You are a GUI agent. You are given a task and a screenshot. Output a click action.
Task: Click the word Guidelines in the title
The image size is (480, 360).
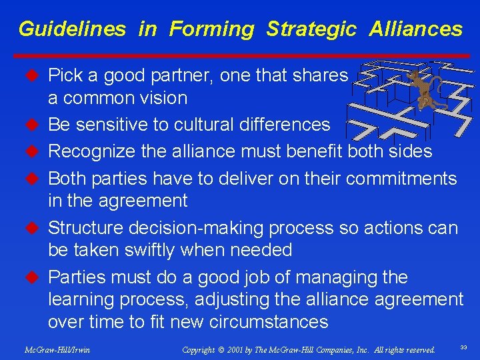[x=72, y=29]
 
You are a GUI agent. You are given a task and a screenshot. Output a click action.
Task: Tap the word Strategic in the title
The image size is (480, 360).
[x=311, y=29]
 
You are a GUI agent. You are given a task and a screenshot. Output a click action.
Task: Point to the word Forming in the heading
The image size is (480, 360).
[x=211, y=29]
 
